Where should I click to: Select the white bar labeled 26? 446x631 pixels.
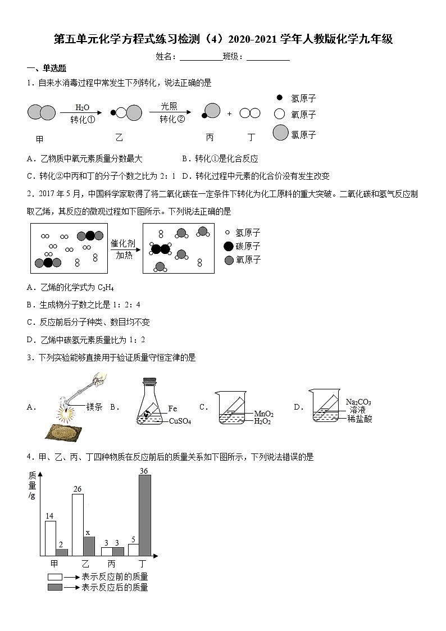tap(78, 525)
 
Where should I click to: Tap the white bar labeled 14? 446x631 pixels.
tap(51, 538)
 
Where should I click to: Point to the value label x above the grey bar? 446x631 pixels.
tap(88, 532)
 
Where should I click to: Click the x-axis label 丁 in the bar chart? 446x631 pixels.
tap(142, 564)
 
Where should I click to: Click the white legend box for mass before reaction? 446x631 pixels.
tap(55, 576)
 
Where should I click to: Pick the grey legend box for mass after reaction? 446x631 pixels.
tap(55, 587)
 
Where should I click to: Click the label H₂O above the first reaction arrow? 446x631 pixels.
tap(82, 107)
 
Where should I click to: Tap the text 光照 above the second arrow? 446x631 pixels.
tap(169, 106)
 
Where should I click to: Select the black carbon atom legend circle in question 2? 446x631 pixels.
tap(229, 246)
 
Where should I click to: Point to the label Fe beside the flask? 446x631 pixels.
tap(173, 408)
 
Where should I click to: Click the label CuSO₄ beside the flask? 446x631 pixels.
tap(180, 421)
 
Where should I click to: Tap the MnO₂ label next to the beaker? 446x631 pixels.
tap(263, 413)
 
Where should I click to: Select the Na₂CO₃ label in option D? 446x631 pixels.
tap(358, 402)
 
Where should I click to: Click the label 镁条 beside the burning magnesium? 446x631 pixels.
tap(94, 407)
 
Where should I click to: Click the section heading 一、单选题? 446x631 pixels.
tap(47, 69)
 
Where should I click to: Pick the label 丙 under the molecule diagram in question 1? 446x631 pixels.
tap(210, 137)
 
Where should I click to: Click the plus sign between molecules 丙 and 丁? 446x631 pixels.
tap(229, 114)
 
